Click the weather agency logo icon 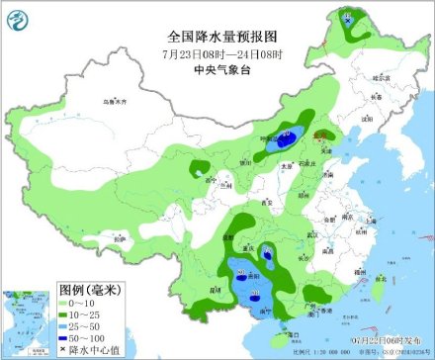[21, 21]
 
